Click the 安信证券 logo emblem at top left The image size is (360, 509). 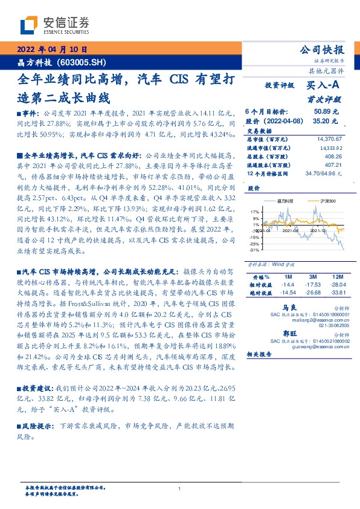coord(28,25)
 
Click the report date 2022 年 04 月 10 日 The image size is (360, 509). coord(53,49)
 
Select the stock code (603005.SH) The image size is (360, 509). coord(82,62)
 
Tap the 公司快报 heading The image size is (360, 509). coord(322,50)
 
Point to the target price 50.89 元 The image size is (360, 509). coord(326,112)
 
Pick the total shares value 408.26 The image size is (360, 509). coord(330,155)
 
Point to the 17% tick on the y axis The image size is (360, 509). coord(255,212)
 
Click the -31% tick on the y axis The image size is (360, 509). coord(254,249)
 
